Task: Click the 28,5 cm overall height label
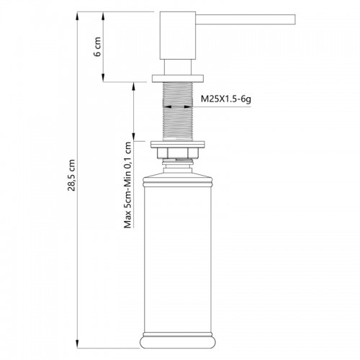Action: pos(71,175)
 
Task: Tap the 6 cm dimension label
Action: pos(97,47)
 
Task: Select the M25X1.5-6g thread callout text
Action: pos(226,99)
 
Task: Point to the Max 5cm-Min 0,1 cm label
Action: pos(127,185)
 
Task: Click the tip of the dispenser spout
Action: pos(294,19)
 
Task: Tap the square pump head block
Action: pos(178,35)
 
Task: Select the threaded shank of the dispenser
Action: pos(178,112)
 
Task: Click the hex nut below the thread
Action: pos(178,153)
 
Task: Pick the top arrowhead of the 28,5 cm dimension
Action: pos(78,16)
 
